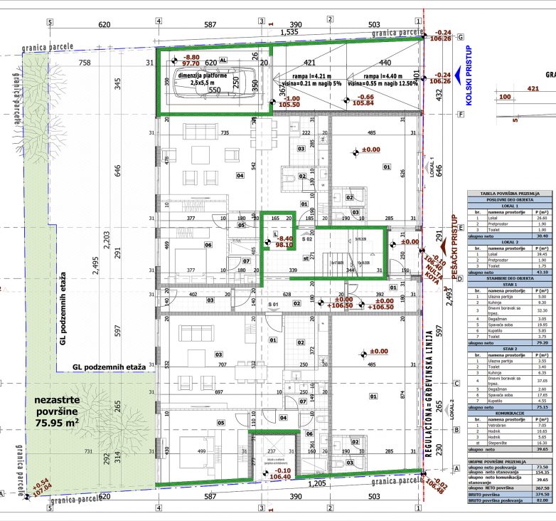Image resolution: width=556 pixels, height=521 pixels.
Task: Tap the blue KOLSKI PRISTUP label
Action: tap(469, 74)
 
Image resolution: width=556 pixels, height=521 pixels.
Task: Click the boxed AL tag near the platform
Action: tap(223, 61)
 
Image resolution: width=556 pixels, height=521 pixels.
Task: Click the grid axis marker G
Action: tap(461, 37)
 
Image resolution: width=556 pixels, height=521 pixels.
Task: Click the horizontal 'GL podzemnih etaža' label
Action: tap(109, 367)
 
